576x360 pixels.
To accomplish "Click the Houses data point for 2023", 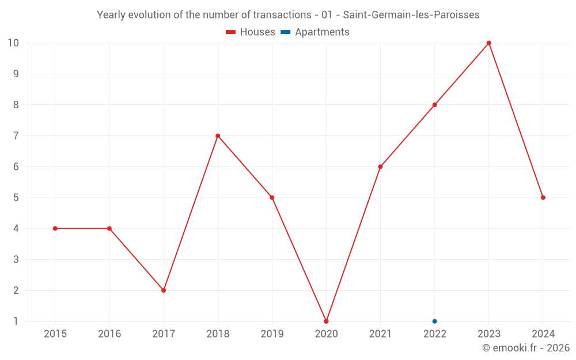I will tap(489, 43).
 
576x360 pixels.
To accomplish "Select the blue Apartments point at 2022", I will tap(435, 321).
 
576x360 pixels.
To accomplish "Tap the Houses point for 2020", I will tap(326, 321).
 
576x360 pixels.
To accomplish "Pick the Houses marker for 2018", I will tap(218, 136).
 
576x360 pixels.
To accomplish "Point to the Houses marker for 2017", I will tap(164, 290).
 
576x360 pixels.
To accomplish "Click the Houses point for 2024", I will tap(543, 198).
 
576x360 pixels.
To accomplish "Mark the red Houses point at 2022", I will tap(435, 105).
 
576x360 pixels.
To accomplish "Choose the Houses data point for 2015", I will tap(55, 229).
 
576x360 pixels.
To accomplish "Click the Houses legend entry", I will tap(251, 32).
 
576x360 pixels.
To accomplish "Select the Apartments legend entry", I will tap(315, 32).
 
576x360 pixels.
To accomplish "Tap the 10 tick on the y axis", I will tap(13, 43).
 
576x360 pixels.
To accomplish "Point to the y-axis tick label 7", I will tap(16, 136).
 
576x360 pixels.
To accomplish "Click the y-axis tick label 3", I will tap(16, 260).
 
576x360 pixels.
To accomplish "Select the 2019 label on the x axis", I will tap(272, 334).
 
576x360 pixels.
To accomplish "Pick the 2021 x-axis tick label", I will tap(380, 334).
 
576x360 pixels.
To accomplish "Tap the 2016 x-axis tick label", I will tap(109, 334).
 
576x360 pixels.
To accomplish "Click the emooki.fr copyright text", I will tap(525, 348).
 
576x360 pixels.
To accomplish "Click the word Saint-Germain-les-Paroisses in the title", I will tap(411, 15).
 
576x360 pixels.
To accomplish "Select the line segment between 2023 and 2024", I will tap(516, 120).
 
